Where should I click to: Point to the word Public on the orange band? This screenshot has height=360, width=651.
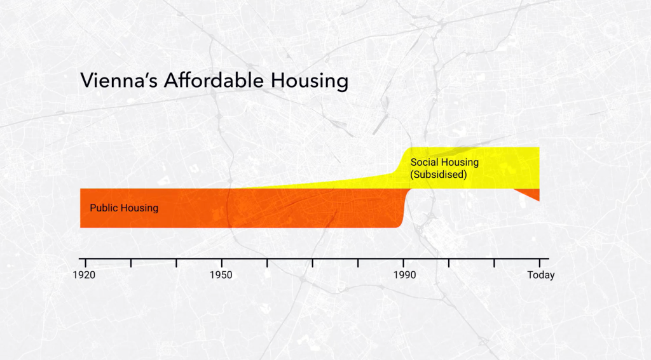pos(103,208)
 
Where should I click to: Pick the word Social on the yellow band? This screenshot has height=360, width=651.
pos(424,163)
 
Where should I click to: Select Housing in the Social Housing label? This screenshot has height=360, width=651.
pos(460,163)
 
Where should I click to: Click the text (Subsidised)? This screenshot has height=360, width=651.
pos(439,175)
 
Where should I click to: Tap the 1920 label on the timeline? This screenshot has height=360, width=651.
pos(85,275)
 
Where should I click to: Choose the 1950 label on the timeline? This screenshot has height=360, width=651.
pos(221,275)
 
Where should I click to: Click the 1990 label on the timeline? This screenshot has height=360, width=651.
pos(404,275)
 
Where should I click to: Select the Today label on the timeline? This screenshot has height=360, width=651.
pos(540,275)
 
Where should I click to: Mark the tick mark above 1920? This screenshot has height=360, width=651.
pos(85,262)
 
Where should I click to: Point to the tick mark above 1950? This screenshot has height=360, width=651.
pos(221,262)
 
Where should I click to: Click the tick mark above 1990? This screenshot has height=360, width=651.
pos(404,262)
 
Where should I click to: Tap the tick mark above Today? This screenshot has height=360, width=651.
pos(539,262)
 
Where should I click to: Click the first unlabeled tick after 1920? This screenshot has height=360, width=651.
pos(130,262)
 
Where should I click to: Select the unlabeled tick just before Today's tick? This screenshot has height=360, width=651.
pos(494,262)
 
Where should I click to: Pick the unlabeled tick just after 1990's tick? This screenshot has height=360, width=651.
pos(449,262)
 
